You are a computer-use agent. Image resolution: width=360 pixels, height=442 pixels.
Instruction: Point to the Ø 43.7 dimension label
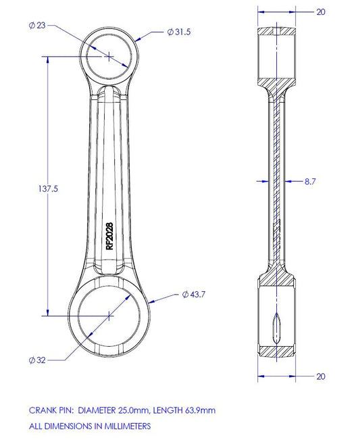tap(193, 295)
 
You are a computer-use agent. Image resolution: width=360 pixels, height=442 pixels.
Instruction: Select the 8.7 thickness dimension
tap(310, 182)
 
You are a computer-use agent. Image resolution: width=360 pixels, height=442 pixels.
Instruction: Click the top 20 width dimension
tap(320, 11)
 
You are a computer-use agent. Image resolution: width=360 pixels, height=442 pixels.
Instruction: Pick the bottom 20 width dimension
tap(320, 376)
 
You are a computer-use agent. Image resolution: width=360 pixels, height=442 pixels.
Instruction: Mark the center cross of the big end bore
tap(109, 314)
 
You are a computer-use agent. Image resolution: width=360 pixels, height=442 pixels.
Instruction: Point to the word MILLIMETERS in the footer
tap(120, 426)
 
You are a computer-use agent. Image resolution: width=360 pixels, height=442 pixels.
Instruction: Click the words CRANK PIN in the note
tap(51, 410)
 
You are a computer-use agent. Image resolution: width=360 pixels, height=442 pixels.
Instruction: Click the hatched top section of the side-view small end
tap(276, 31)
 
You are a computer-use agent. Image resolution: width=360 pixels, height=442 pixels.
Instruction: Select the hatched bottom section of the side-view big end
tap(276, 352)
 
